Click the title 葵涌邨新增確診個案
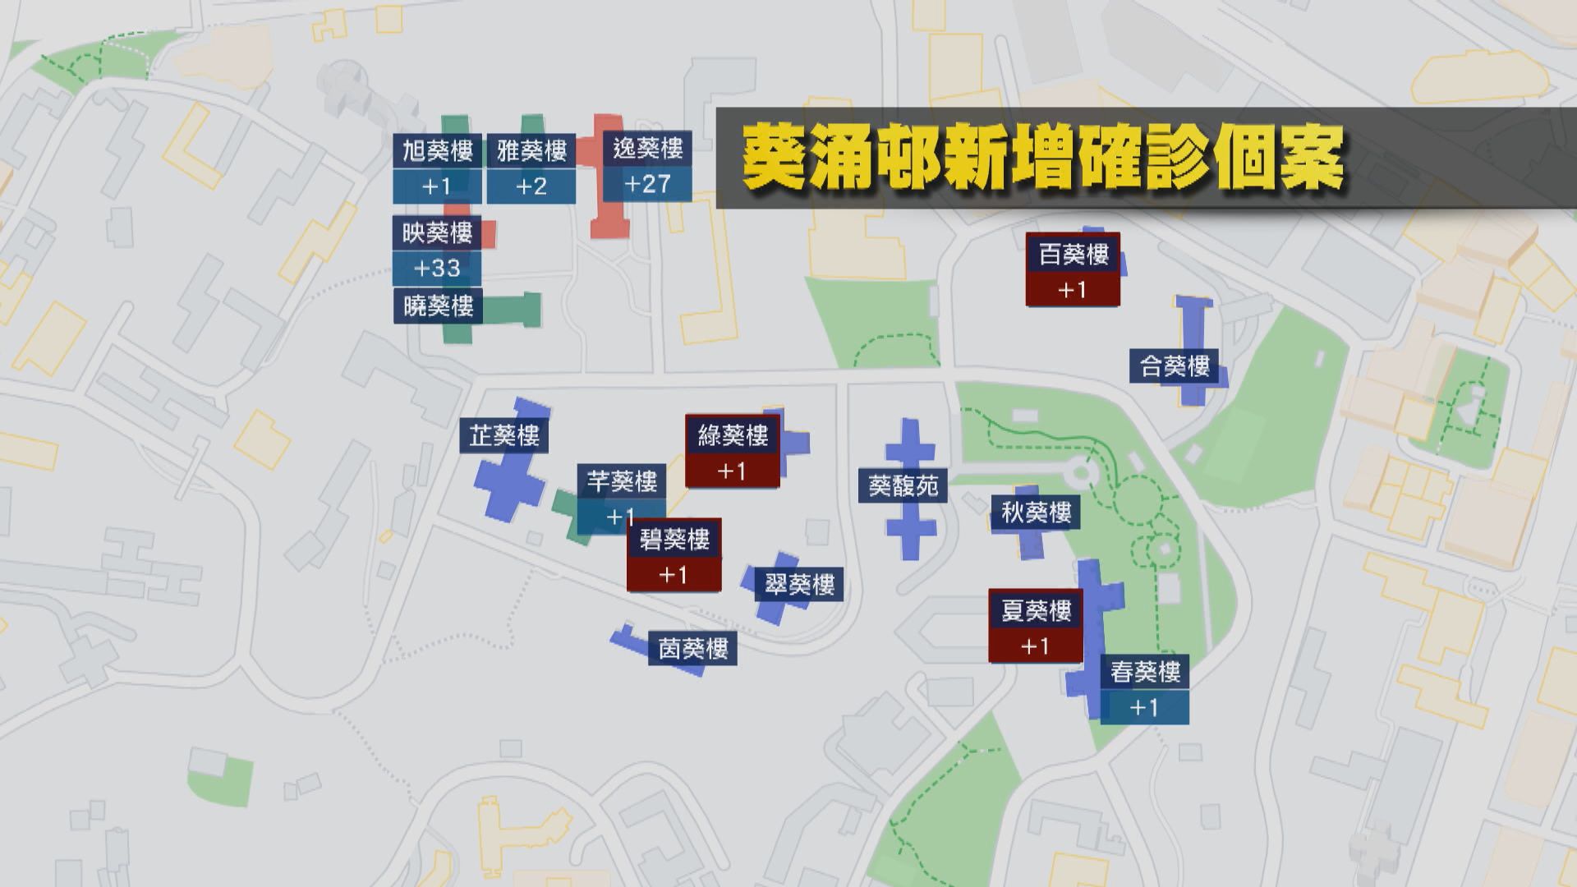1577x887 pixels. tap(1042, 159)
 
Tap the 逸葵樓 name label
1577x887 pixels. tap(647, 149)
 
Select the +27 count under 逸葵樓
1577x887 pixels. tap(647, 184)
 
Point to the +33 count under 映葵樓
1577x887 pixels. tap(437, 268)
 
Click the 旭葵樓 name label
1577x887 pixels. tap(437, 151)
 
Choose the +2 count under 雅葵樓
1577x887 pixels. tap(531, 186)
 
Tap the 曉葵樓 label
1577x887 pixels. tap(438, 306)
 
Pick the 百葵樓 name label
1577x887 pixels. tap(1073, 254)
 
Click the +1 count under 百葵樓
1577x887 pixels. tap(1073, 290)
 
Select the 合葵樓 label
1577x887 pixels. tap(1175, 366)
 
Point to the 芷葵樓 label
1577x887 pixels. tap(504, 435)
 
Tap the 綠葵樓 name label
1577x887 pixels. tap(733, 435)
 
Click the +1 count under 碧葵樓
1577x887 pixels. tap(674, 575)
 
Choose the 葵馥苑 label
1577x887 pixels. tap(903, 486)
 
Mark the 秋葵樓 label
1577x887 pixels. tap(1036, 513)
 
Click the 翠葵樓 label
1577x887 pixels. tap(799, 585)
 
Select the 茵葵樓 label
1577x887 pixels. tap(693, 650)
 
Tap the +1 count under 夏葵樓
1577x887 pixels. tap(1035, 646)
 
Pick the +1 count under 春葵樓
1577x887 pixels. tap(1144, 707)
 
